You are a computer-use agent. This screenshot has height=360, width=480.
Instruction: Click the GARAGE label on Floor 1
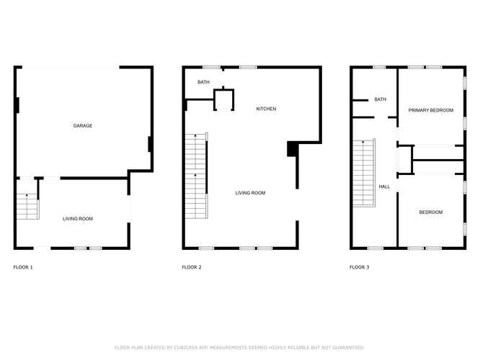(x=82, y=126)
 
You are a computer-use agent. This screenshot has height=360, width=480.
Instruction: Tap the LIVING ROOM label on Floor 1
(x=77, y=219)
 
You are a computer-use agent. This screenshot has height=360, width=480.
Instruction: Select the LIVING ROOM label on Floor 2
(x=251, y=193)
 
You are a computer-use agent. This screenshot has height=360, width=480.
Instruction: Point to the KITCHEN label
(x=267, y=109)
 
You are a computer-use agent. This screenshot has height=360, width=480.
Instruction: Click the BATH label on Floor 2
(x=204, y=82)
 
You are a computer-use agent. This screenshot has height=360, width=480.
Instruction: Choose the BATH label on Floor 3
(x=380, y=99)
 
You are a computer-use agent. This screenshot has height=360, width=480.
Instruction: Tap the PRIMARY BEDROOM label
(x=431, y=110)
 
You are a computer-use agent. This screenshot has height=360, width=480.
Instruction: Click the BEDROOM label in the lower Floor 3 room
(x=431, y=212)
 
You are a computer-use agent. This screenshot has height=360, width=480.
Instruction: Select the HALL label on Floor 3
(x=384, y=186)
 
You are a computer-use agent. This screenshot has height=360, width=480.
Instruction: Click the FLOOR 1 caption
(x=23, y=267)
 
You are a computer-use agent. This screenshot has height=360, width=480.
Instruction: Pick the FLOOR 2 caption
(x=191, y=267)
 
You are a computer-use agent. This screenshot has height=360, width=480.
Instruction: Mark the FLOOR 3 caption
(x=359, y=267)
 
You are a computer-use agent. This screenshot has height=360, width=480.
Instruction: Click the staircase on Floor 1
(x=26, y=206)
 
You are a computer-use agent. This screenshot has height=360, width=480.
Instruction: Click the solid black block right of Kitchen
(x=292, y=148)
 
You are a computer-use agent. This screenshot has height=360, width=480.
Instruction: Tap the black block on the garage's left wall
(x=17, y=106)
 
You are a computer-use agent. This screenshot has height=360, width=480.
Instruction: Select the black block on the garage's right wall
(x=150, y=144)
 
